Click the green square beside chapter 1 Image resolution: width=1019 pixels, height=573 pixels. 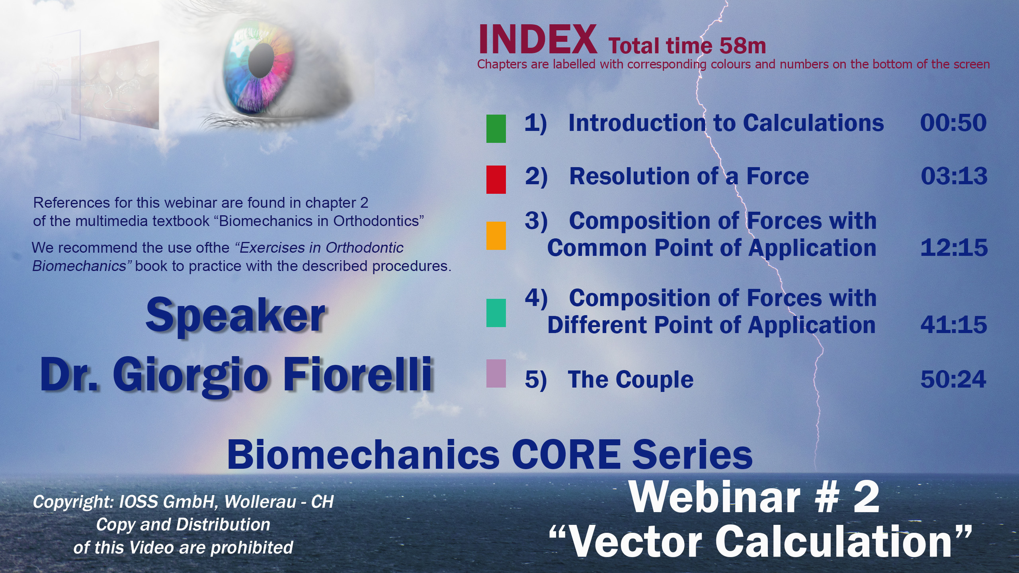point(496,129)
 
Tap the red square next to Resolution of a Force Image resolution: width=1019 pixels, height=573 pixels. point(496,179)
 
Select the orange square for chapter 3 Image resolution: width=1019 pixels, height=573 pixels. point(496,236)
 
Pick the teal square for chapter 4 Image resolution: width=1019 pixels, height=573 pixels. point(496,313)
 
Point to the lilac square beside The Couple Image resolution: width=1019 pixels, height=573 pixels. point(496,374)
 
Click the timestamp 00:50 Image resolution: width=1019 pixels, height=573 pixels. point(953,123)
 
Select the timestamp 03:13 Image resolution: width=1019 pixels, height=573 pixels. point(954,176)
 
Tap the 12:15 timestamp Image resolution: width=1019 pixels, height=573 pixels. point(954,248)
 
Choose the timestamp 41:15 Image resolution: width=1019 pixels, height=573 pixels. point(954,325)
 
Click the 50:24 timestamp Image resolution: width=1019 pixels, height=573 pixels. point(953,380)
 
